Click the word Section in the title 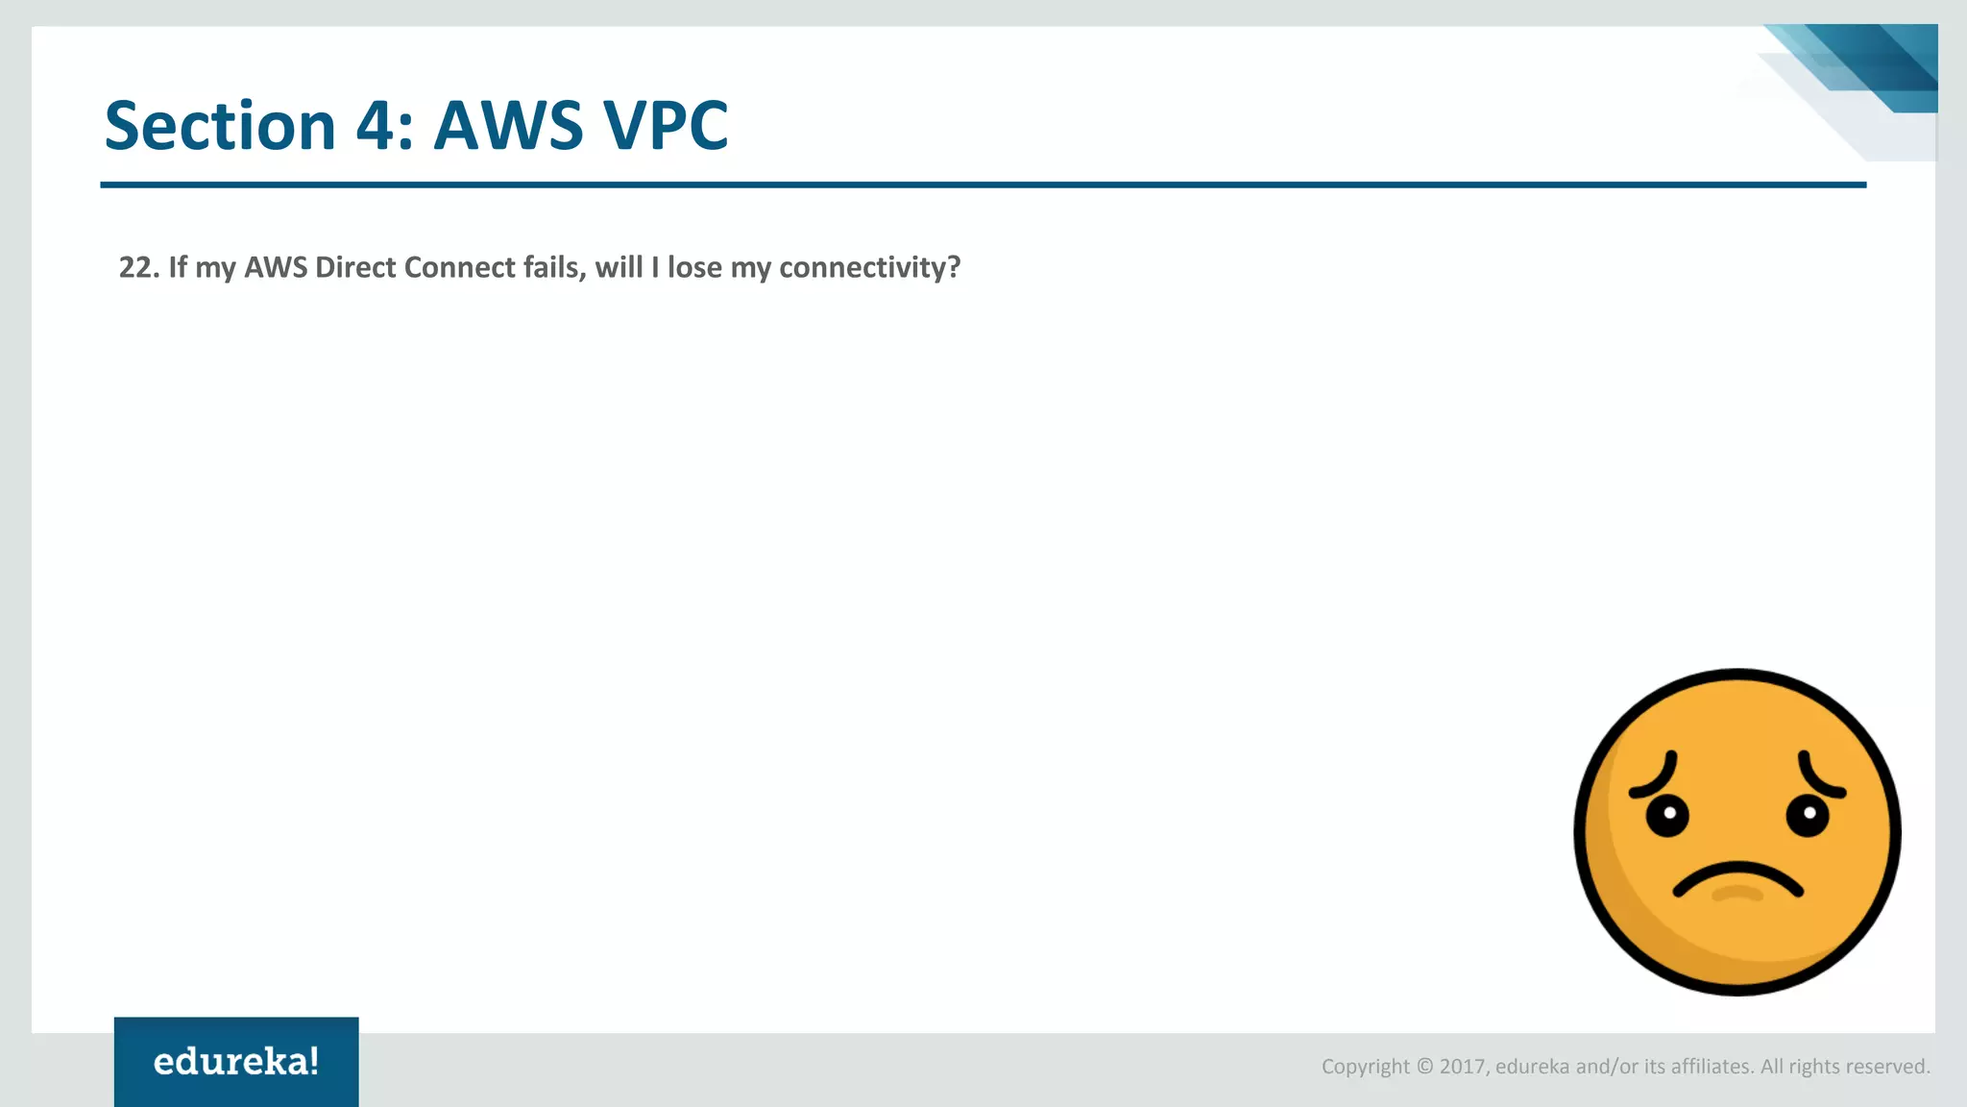click(219, 126)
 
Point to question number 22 click(138, 267)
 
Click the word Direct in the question click(355, 267)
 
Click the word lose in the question click(694, 267)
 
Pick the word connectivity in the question click(869, 267)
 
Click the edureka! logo click(236, 1062)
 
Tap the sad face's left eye click(1667, 816)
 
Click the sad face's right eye click(1808, 815)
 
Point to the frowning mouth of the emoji click(1737, 879)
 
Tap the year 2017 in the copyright click(1463, 1067)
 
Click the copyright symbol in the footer click(1424, 1067)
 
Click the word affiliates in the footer click(1712, 1067)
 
